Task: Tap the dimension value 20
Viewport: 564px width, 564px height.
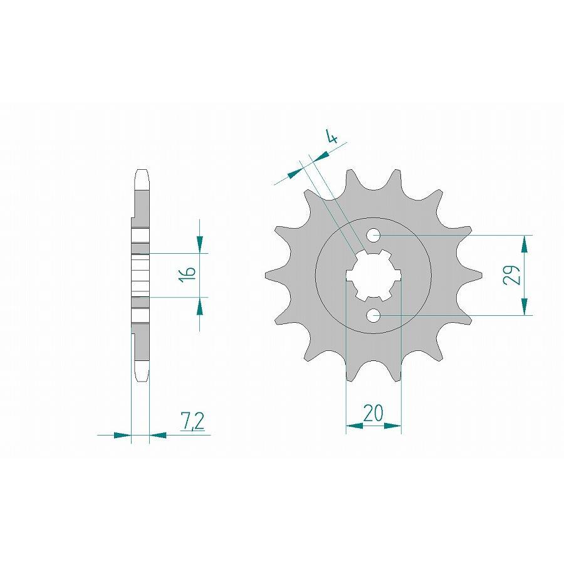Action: [x=373, y=414]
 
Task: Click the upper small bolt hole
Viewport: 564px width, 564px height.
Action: [x=373, y=236]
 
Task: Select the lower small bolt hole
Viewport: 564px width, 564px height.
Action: [x=373, y=315]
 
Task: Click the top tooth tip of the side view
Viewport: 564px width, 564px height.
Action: [x=142, y=172]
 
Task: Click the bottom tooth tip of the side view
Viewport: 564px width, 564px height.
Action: [x=142, y=378]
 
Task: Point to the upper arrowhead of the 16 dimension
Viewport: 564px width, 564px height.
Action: [x=199, y=245]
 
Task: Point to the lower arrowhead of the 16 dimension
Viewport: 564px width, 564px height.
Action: [x=199, y=305]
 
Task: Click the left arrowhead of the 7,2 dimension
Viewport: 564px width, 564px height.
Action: [x=123, y=434]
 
